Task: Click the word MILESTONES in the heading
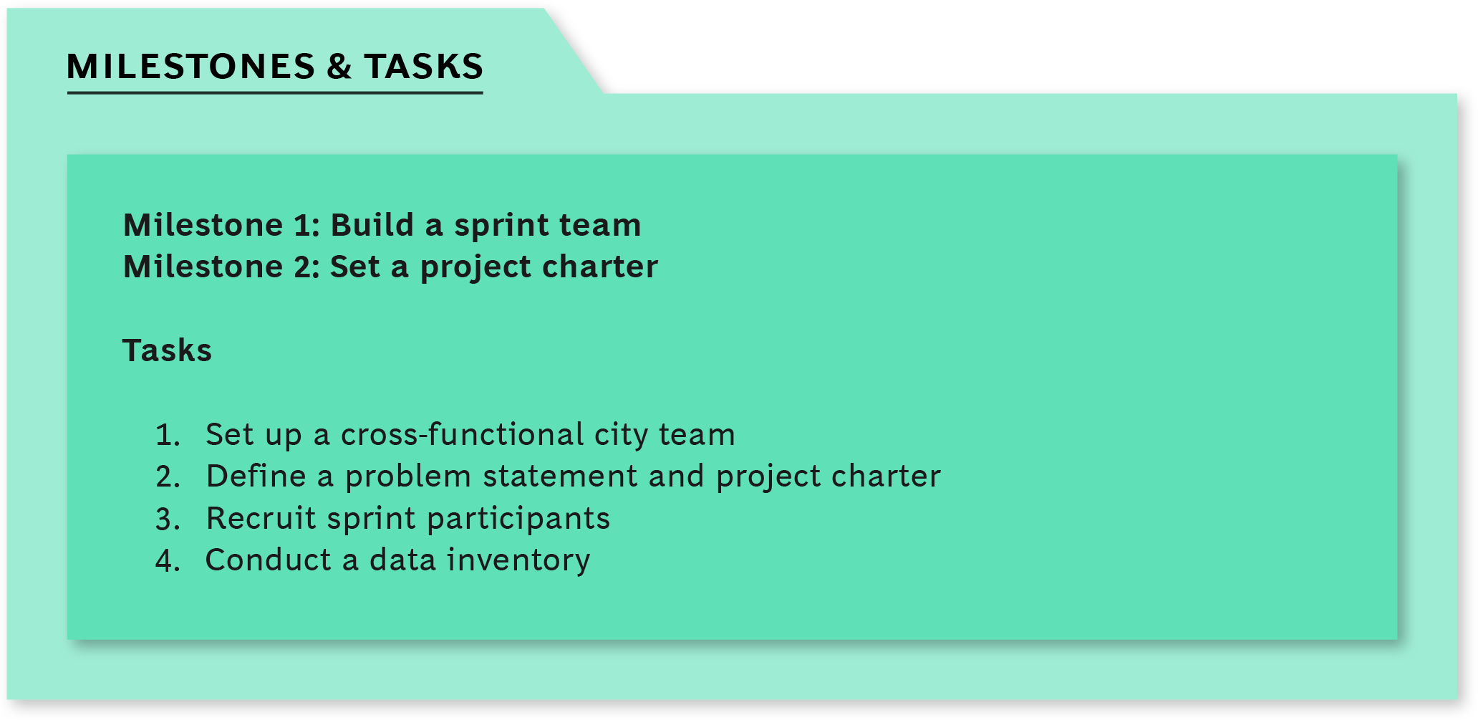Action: point(190,67)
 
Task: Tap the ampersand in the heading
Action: point(339,67)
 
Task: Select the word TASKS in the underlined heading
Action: point(424,67)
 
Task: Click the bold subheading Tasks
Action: point(167,350)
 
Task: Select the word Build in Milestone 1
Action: point(372,225)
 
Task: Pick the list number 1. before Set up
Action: point(168,435)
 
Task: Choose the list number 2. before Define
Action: point(168,477)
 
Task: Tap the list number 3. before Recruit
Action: point(168,519)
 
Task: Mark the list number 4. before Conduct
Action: point(168,560)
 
